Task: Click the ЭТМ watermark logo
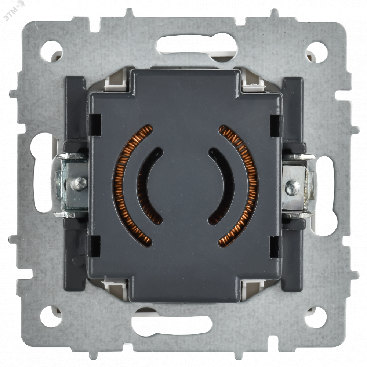(x=15, y=10)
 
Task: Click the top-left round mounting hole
(x=51, y=51)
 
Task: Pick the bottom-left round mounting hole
(x=51, y=317)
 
